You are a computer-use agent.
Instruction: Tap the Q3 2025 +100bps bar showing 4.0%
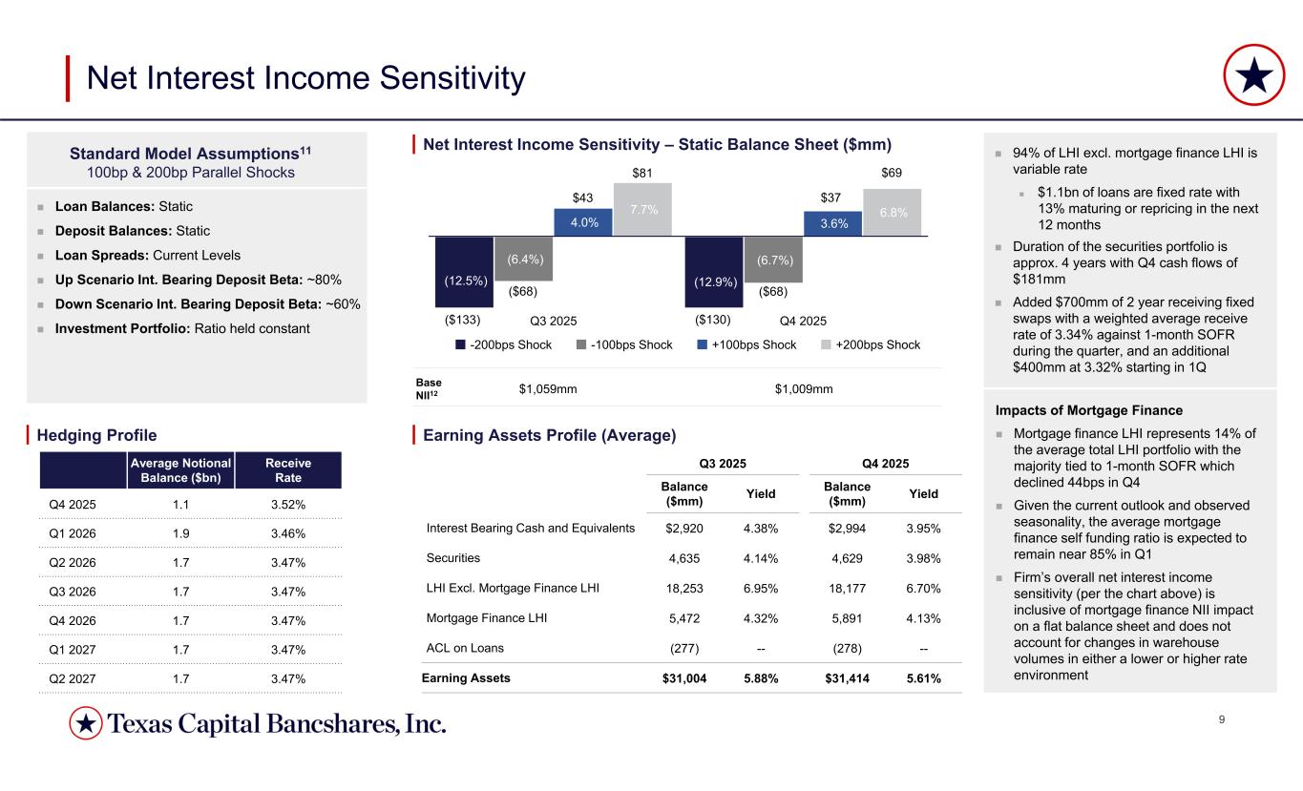(582, 222)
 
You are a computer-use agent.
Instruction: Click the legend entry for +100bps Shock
(746, 344)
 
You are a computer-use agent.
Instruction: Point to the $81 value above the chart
(642, 174)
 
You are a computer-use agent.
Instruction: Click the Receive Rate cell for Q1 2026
(288, 532)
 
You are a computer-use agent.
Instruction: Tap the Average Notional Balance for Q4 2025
(184, 503)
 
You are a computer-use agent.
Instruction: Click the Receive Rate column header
(288, 469)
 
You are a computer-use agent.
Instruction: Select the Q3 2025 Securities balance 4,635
(685, 558)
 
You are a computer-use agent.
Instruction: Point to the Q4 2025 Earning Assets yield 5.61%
(922, 678)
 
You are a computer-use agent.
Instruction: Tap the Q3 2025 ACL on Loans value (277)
(685, 649)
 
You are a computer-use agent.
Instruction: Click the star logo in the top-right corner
(1252, 76)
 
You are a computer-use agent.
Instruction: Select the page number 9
(1224, 719)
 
